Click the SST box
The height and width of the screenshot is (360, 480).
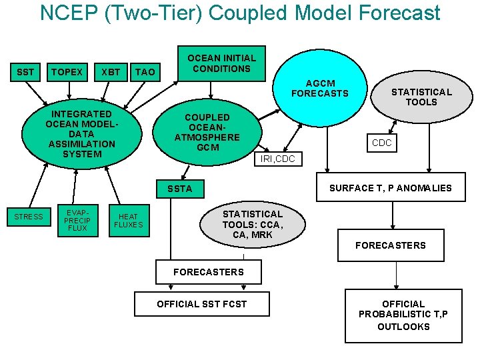pos(25,72)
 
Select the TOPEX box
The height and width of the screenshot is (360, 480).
pos(67,72)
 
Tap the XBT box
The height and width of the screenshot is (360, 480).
pos(111,72)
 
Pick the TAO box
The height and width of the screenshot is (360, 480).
pos(145,72)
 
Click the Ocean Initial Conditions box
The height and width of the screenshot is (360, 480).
pos(221,63)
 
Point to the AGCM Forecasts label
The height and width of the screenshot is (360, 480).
pos(319,89)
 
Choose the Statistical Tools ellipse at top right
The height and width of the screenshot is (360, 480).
pos(421,97)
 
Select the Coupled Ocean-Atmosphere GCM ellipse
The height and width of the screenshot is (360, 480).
pos(207,131)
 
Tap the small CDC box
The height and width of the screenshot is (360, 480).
pos(382,143)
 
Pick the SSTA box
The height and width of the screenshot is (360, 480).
pos(180,189)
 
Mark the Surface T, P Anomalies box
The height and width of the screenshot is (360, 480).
pos(390,188)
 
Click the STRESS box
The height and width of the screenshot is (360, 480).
pos(29,217)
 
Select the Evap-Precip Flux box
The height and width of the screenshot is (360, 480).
pos(77,219)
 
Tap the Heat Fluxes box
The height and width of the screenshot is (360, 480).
pos(129,220)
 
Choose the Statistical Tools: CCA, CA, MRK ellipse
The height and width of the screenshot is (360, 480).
pos(253,224)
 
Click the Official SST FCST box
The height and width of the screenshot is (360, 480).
pos(201,304)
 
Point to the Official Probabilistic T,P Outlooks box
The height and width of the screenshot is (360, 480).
pos(403,315)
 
